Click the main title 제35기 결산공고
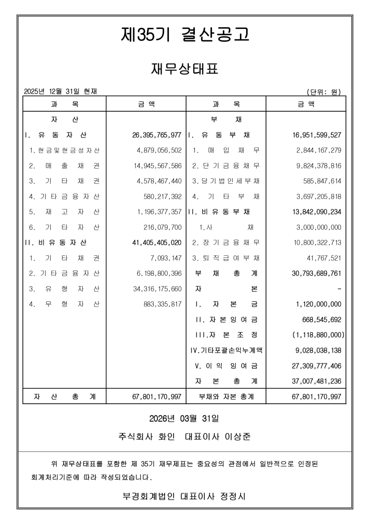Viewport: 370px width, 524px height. pos(185,34)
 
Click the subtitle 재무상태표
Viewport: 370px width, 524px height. pos(185,69)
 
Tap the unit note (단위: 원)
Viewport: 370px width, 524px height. pos(323,92)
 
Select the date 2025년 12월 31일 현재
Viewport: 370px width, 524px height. pos(60,91)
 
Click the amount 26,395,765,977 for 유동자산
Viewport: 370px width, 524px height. pos(157,135)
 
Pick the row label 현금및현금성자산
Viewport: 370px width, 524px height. pos(64,151)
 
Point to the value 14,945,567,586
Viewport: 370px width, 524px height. pos(158,166)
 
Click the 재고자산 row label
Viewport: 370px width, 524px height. pos(64,212)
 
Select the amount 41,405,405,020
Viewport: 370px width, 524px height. pos(157,243)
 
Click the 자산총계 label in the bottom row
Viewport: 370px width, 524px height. pos(64,396)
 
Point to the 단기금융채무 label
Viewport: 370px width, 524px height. pos(226,166)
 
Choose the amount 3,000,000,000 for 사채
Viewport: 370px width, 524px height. pos(319,228)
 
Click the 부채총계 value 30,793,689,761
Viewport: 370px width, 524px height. pos(317,274)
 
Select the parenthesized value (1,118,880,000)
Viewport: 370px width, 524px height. pos(318,335)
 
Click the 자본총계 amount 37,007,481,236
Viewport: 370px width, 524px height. pos(317,381)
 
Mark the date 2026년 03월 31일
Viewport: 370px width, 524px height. pos(184,419)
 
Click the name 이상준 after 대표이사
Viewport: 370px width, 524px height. pos(238,437)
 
